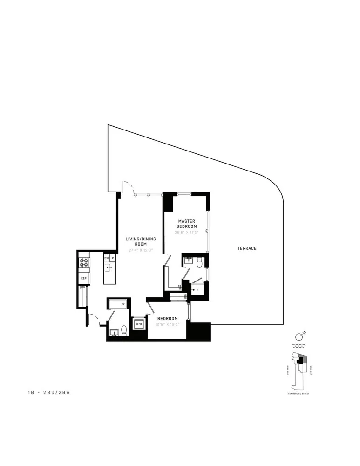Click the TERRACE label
[x=247, y=248]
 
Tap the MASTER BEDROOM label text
[x=186, y=224]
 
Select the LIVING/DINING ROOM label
[x=140, y=241]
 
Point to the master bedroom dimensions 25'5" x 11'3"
[x=186, y=232]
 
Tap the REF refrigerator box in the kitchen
[x=84, y=278]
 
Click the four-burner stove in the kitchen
[x=84, y=263]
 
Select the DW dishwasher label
[x=106, y=258]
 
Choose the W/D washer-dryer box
[x=139, y=324]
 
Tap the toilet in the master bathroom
[x=199, y=263]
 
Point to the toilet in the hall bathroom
[x=124, y=330]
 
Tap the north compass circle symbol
[x=299, y=337]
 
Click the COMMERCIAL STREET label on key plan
[x=299, y=394]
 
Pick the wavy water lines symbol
[x=299, y=347]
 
